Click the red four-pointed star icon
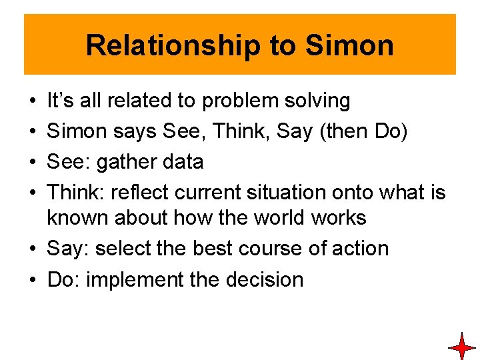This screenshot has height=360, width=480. (461, 347)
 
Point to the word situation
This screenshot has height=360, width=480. (301, 193)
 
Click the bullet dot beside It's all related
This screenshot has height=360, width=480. (33, 101)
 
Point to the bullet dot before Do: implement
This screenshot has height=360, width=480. (33, 280)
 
